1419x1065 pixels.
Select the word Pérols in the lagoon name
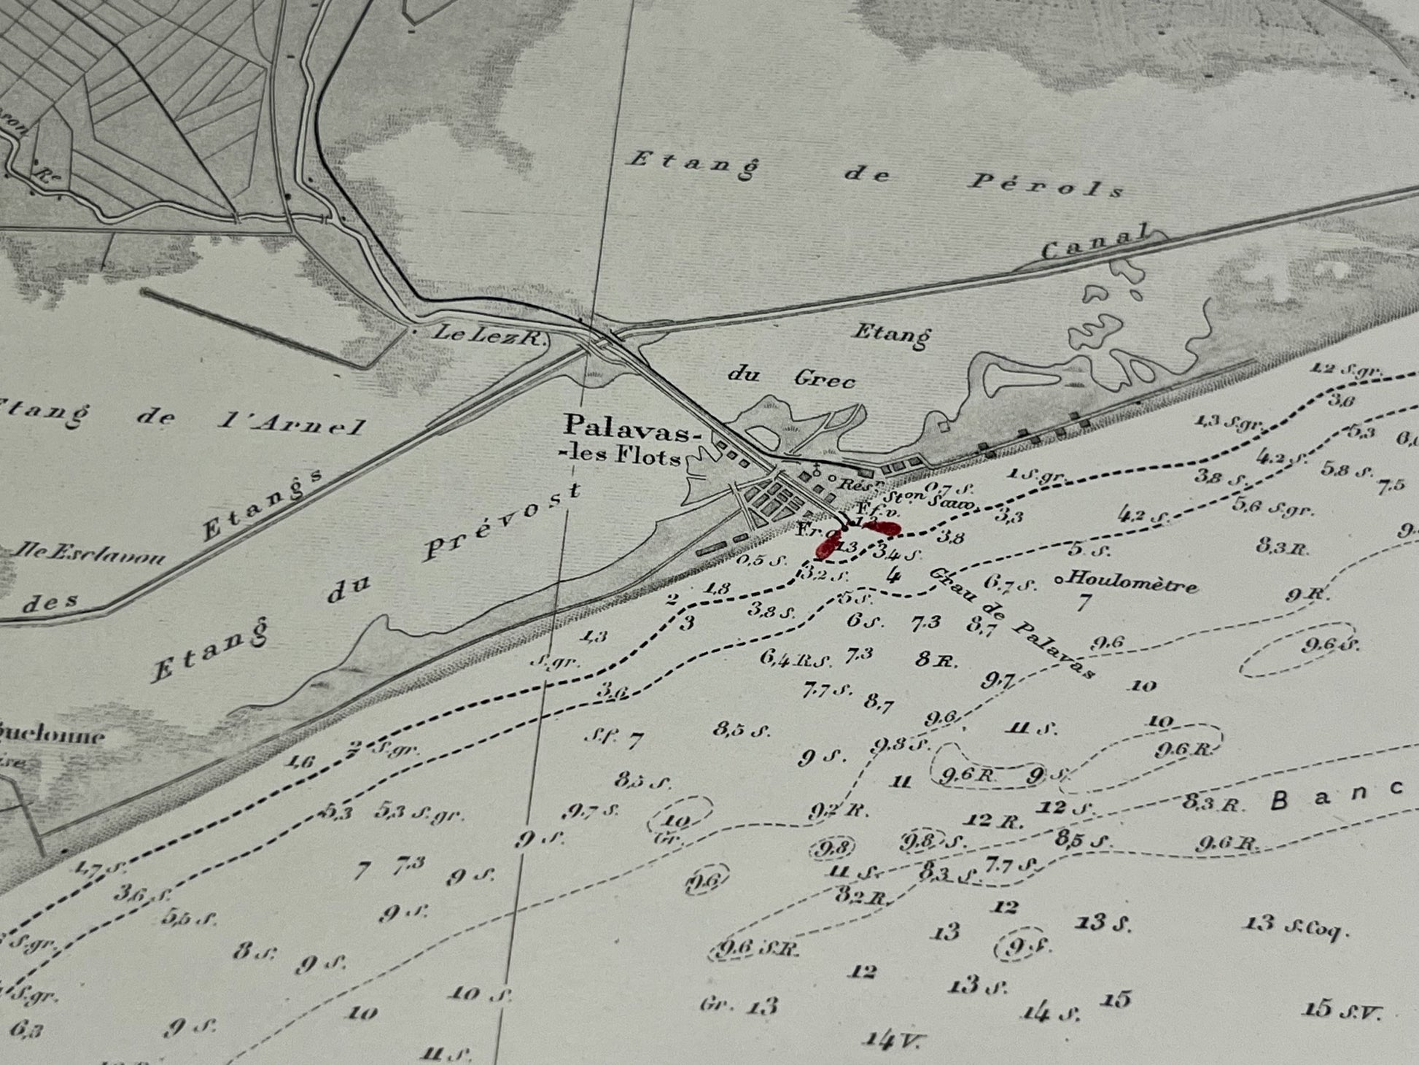click(x=1046, y=185)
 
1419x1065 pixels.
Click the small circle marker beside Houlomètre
click(x=1058, y=580)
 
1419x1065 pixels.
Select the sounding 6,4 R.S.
click(x=794, y=659)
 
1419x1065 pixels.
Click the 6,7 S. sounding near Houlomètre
click(x=1009, y=584)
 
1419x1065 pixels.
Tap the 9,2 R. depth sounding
click(x=838, y=810)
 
